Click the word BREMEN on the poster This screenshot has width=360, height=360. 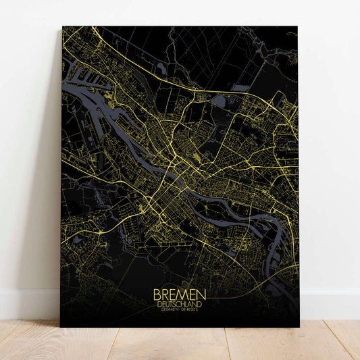[x=180, y=295]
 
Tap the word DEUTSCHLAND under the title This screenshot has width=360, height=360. [x=180, y=304]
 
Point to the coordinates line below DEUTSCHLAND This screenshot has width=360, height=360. [x=180, y=311]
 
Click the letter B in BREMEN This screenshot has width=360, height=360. [x=157, y=295]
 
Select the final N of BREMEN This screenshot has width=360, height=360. [x=202, y=295]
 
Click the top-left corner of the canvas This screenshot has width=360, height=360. [x=62, y=27]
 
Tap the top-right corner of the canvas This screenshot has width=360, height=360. [x=298, y=27]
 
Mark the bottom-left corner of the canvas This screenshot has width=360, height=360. [x=61, y=327]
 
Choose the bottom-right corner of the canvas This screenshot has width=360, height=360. [x=299, y=327]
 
